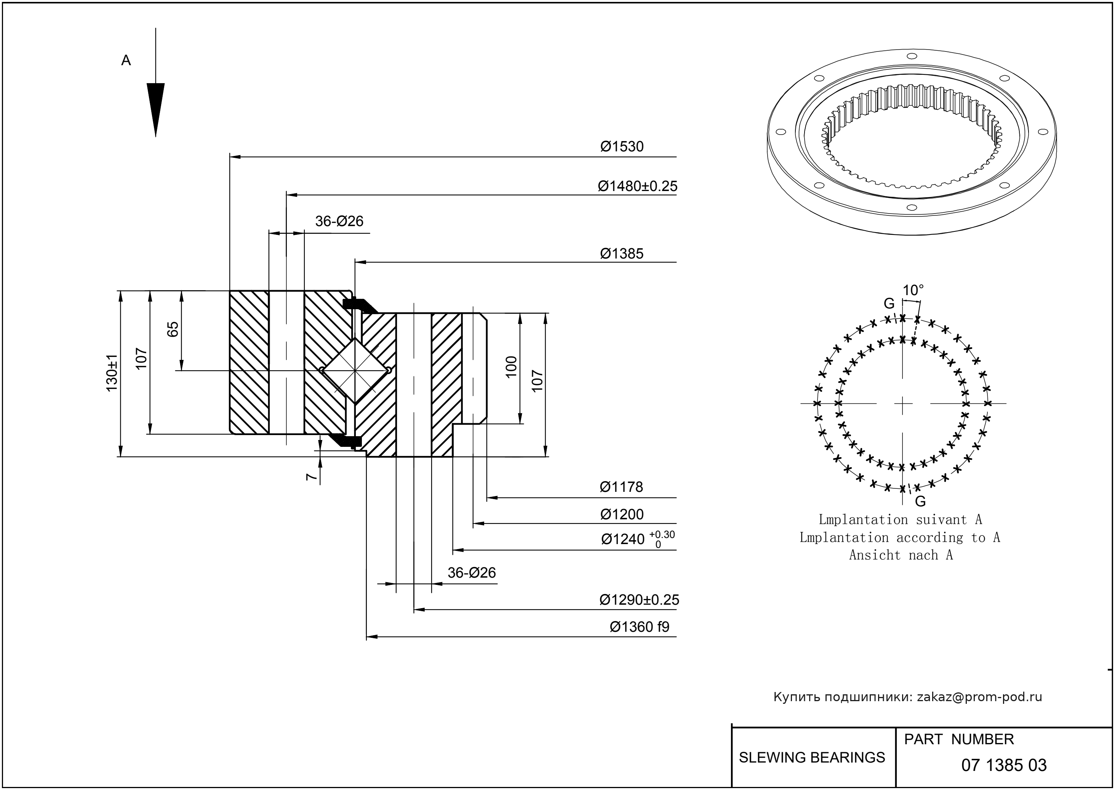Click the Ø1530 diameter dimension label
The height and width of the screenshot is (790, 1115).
[x=622, y=147]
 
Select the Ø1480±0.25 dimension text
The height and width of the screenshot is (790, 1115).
[x=637, y=186]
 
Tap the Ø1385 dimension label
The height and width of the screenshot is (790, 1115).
[x=622, y=254]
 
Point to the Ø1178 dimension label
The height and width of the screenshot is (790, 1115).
[x=621, y=487]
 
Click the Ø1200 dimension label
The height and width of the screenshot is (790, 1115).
[x=622, y=514]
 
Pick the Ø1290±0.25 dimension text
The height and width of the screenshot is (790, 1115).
[x=639, y=600]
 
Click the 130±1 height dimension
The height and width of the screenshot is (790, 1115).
[x=112, y=373]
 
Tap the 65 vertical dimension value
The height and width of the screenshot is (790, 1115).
[x=173, y=329]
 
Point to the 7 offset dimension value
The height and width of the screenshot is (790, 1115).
[x=310, y=477]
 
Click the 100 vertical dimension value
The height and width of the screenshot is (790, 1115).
[x=511, y=367]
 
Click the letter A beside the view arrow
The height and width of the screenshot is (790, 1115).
[x=126, y=61]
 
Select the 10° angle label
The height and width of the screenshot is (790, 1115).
[x=913, y=291]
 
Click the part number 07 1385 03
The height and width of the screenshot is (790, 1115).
[x=1004, y=765]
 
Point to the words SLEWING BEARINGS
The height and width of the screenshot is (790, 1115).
[x=812, y=758]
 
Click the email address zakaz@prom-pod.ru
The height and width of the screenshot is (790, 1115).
[x=979, y=697]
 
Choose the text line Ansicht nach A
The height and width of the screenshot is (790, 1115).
[x=901, y=555]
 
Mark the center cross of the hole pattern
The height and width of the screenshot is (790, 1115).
[x=902, y=403]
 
